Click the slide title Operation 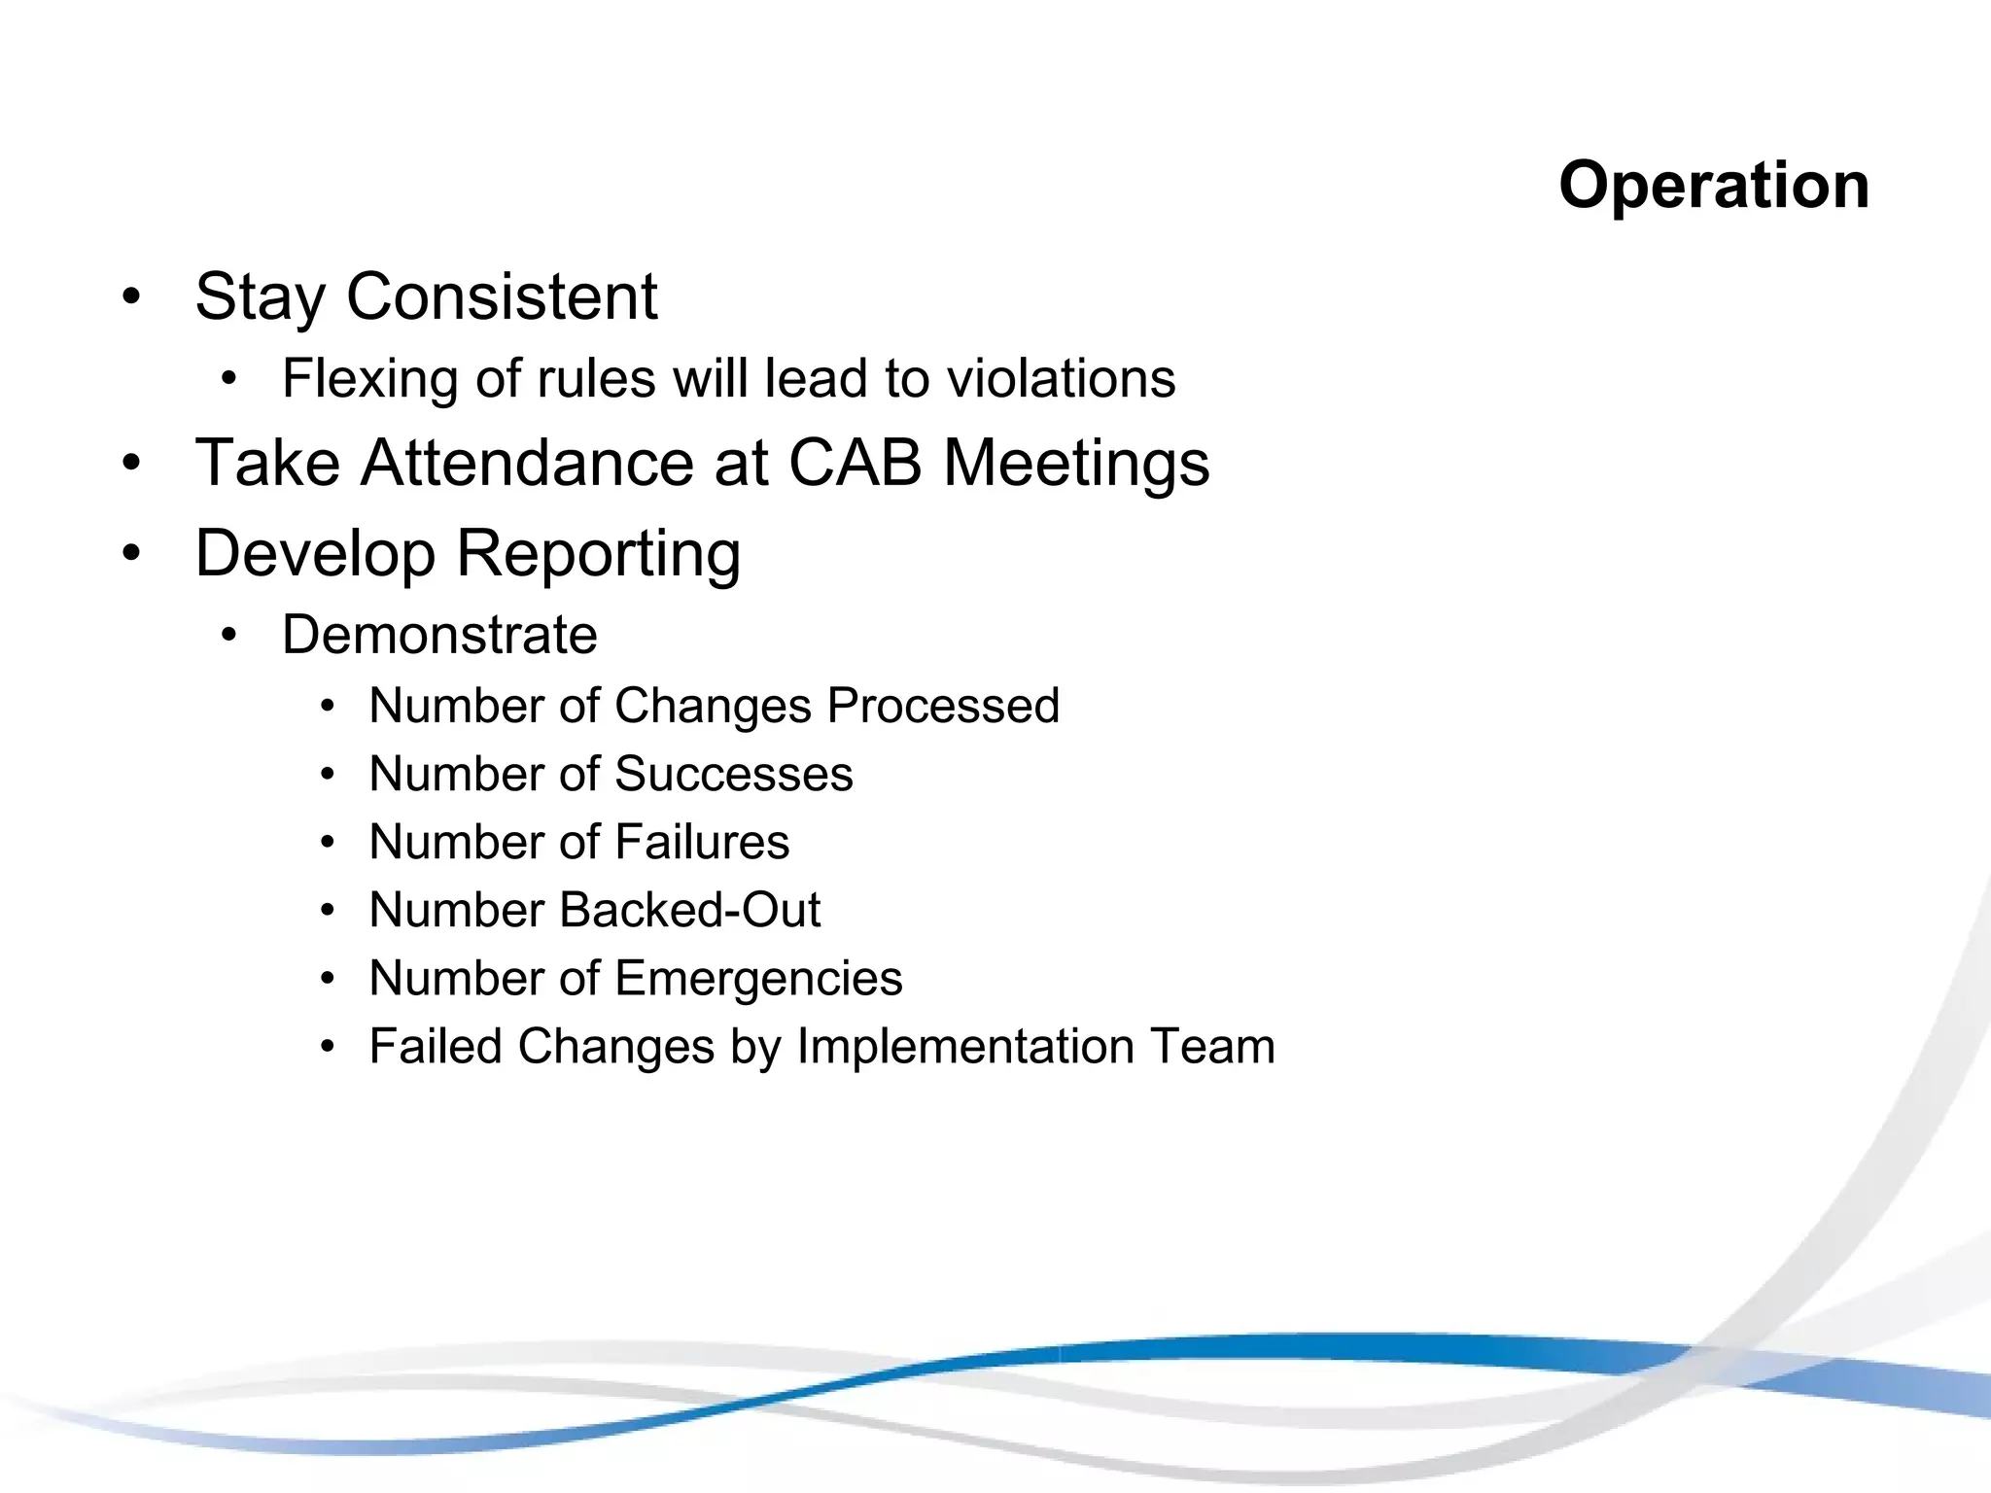pyautogui.click(x=1713, y=185)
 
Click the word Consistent pyautogui.click(x=502, y=296)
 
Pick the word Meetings pyautogui.click(x=1076, y=464)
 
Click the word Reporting pyautogui.click(x=598, y=554)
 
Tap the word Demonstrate pyautogui.click(x=439, y=635)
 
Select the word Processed pyautogui.click(x=942, y=706)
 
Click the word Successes pyautogui.click(x=733, y=775)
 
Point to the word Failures pyautogui.click(x=702, y=842)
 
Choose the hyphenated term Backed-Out pyautogui.click(x=690, y=910)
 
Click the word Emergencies pyautogui.click(x=758, y=979)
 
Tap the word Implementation pyautogui.click(x=965, y=1048)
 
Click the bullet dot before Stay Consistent pyautogui.click(x=132, y=296)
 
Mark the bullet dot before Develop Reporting pyautogui.click(x=132, y=553)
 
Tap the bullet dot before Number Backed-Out pyautogui.click(x=328, y=911)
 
